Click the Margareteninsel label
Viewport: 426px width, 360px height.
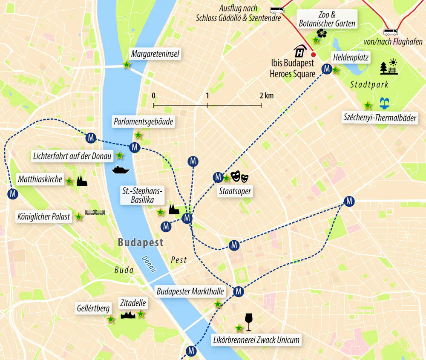(155, 54)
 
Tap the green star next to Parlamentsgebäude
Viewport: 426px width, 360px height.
(138, 135)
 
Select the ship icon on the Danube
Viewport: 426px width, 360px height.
(120, 170)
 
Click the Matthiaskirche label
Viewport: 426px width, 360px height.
(40, 179)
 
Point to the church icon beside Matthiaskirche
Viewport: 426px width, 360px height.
(82, 181)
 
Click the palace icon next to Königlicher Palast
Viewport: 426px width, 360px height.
(95, 212)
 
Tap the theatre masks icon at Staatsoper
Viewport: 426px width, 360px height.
(239, 176)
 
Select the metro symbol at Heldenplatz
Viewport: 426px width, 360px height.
(327, 69)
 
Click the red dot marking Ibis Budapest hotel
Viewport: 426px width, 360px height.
(314, 55)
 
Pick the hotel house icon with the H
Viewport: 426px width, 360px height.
(300, 51)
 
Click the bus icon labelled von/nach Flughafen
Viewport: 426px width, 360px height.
(391, 32)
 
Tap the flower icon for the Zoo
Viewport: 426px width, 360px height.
(322, 33)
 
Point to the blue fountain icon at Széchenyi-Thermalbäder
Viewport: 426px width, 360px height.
(385, 103)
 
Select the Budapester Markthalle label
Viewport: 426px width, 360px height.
(190, 292)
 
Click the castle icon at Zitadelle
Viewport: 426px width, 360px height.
(128, 315)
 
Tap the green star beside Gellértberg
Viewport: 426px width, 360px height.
(111, 319)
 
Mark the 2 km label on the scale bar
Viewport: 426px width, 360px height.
(266, 95)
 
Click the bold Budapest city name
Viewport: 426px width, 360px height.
(141, 242)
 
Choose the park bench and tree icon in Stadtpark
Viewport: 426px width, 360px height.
(389, 67)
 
